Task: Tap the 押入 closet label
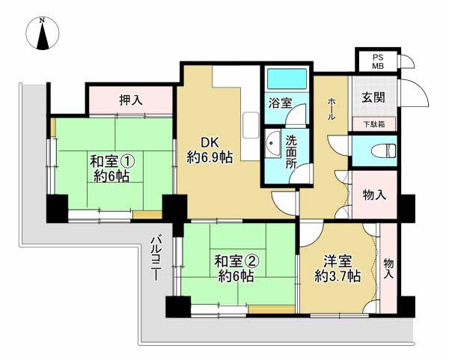[131, 99]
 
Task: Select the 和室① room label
[113, 161]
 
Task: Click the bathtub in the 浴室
[284, 80]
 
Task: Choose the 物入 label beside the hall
[375, 195]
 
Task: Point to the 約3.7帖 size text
[337, 275]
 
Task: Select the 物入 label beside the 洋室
[388, 269]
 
